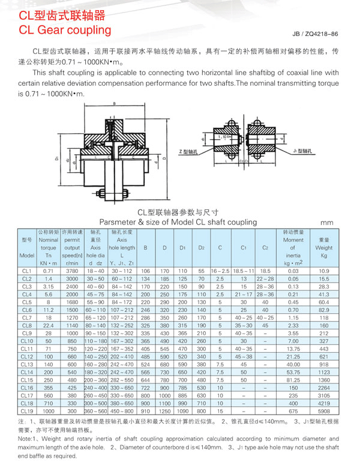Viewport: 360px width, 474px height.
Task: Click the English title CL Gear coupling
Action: coord(65,30)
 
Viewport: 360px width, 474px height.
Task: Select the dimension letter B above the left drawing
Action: coord(113,104)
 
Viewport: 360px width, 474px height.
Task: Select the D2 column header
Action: coord(202,247)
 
